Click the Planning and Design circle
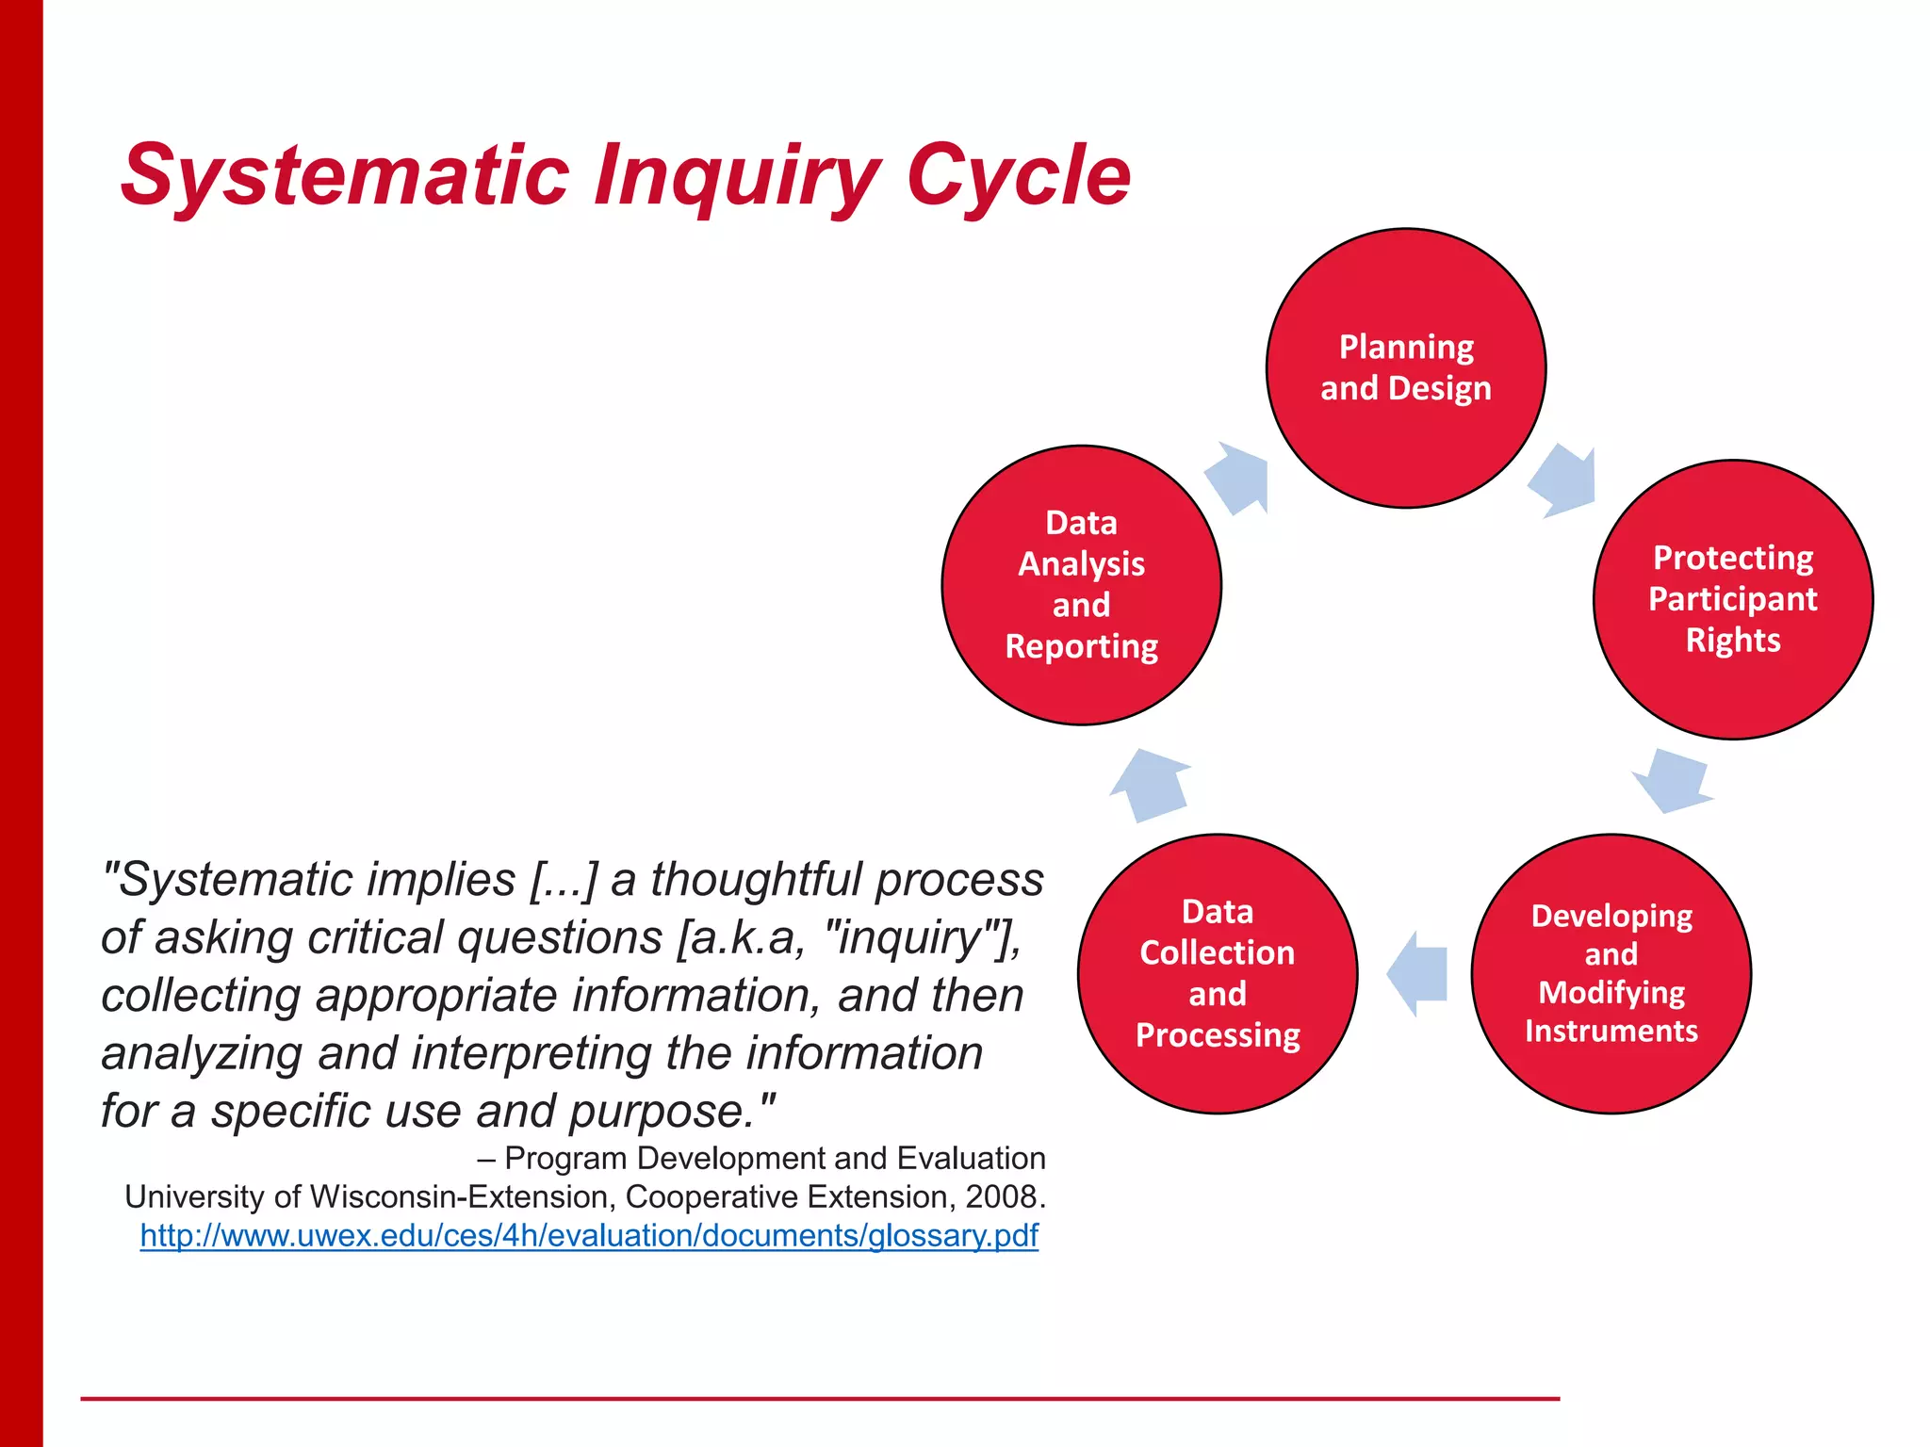point(1405,368)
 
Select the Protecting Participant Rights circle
point(1732,600)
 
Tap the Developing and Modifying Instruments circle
point(1611,973)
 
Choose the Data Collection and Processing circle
point(1217,973)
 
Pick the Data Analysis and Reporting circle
point(1081,585)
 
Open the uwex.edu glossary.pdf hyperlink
point(589,1235)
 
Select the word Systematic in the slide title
point(345,175)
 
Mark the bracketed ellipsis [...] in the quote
point(564,880)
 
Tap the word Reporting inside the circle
point(1081,646)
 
